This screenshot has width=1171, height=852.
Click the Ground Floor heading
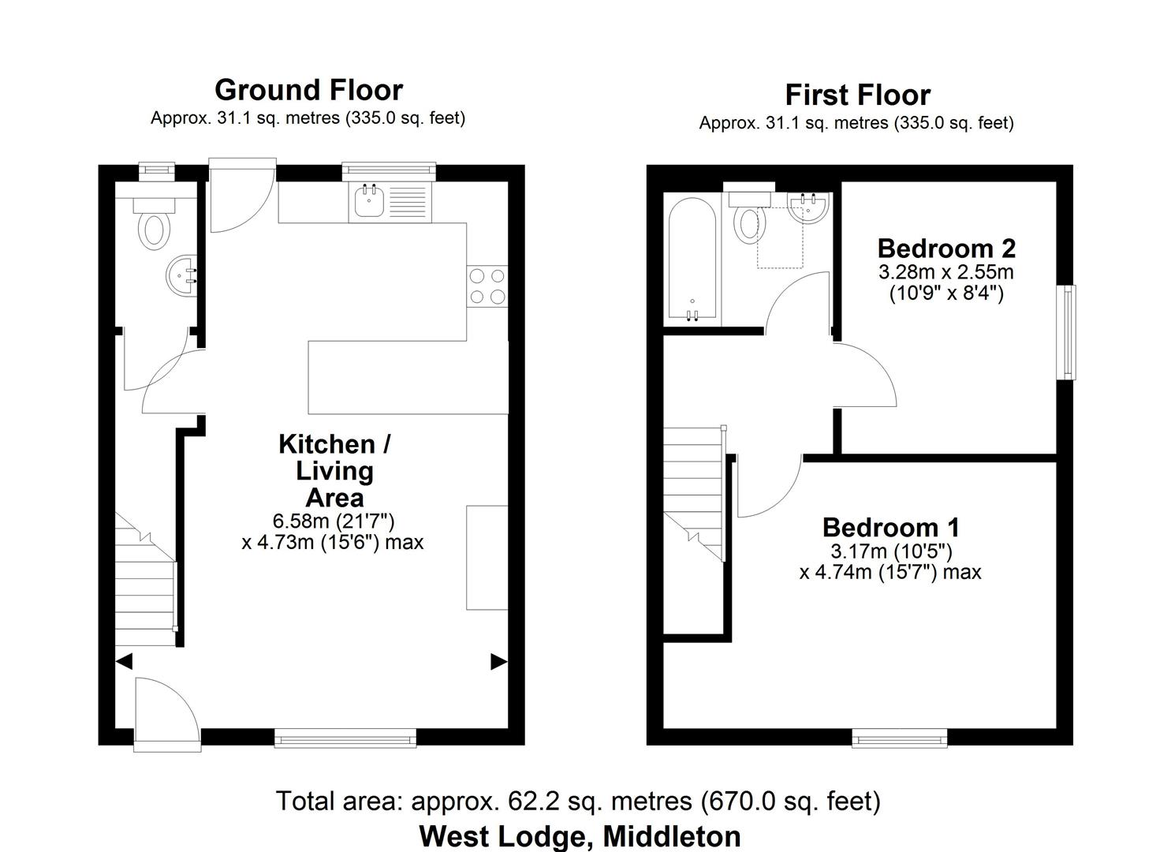tap(308, 90)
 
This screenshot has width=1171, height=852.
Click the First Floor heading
tap(857, 95)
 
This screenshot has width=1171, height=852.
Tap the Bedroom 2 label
tap(945, 248)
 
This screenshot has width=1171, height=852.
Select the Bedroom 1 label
tap(890, 527)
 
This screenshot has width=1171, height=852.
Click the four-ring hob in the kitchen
tap(487, 286)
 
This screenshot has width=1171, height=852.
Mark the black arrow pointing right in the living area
tap(498, 662)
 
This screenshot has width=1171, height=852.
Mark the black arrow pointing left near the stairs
tap(124, 661)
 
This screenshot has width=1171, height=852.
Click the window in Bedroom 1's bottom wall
tap(899, 738)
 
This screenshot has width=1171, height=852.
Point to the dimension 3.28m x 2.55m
tap(945, 273)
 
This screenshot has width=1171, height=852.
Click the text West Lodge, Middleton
tap(580, 835)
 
